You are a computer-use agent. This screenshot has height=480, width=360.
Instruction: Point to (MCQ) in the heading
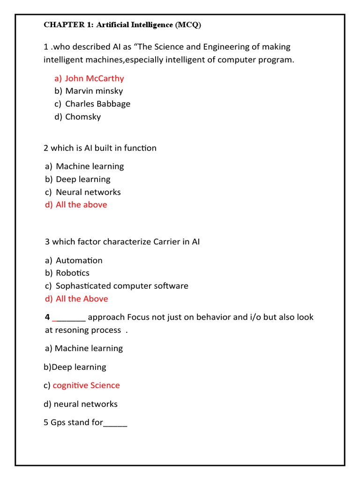pyautogui.click(x=188, y=25)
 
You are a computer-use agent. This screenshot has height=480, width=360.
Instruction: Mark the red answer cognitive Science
pyautogui.click(x=86, y=385)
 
